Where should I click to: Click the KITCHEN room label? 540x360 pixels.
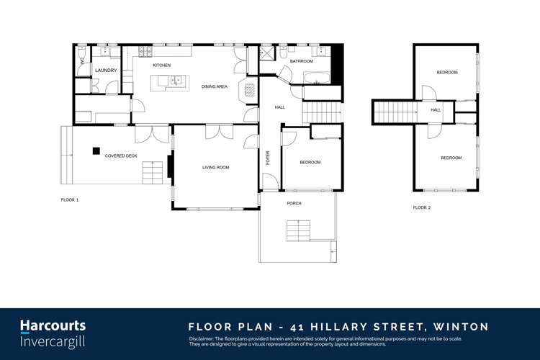161,66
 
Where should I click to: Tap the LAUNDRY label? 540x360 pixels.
106,71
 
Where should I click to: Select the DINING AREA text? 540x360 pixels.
215,86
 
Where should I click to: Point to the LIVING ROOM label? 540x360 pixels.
215,168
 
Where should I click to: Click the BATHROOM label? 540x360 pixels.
302,62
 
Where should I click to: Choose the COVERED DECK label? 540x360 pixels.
121,156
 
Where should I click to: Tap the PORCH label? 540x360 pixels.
294,204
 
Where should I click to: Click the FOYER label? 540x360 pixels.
268,158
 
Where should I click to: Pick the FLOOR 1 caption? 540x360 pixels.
69,199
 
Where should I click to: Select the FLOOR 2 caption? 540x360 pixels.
421,207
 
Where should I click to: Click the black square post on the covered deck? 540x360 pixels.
95,150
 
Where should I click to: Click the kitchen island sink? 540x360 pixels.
176,80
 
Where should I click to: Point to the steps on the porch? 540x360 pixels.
298,231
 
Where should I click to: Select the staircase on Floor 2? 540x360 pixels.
395,112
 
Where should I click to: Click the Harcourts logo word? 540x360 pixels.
53,326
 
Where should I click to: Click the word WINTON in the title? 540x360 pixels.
462,327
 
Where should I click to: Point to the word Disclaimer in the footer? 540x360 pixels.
202,338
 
